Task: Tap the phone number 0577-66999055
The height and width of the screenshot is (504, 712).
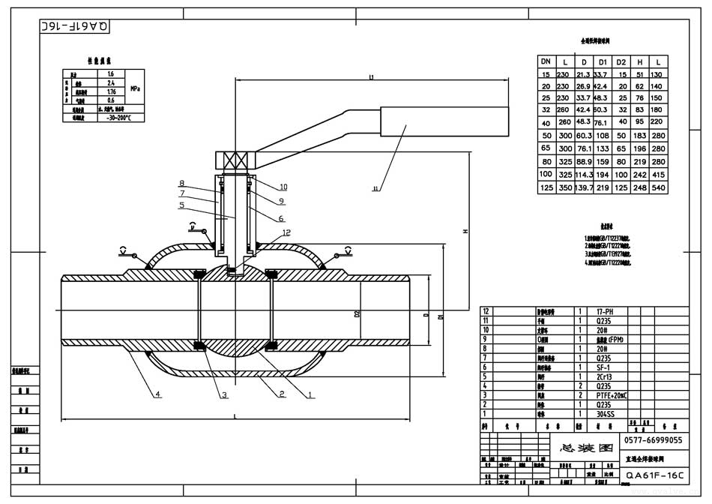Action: tap(653, 440)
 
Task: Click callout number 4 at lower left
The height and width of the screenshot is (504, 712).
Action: tap(158, 394)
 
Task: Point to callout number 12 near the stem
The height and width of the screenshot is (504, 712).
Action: tap(286, 232)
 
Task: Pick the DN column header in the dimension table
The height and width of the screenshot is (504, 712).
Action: tap(546, 61)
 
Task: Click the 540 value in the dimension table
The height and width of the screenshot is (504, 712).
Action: tap(658, 187)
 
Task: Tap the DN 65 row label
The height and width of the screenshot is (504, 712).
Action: tap(546, 149)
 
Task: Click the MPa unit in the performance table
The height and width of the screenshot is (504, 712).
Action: tap(135, 88)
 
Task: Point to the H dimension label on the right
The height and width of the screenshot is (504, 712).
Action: tap(465, 232)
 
